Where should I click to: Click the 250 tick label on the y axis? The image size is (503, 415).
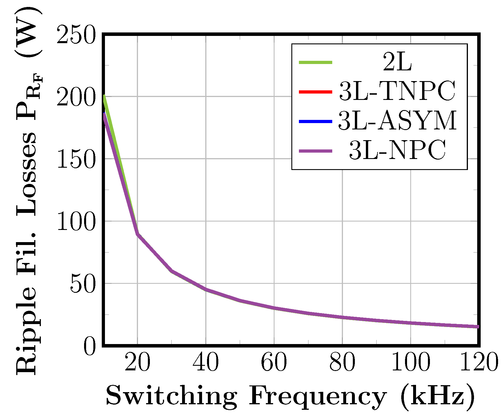point(76,35)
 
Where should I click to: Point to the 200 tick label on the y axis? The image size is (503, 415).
point(76,98)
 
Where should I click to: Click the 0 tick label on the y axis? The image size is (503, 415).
point(90,347)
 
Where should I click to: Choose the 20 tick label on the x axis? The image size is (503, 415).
point(137,363)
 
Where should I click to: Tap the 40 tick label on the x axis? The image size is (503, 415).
point(206,363)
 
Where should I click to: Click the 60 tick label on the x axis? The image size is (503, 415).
point(274,363)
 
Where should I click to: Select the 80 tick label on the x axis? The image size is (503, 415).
point(342,363)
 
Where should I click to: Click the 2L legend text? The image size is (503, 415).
point(397,62)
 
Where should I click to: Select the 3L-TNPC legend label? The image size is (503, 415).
point(397,92)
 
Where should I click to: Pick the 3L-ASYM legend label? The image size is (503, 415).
point(397,121)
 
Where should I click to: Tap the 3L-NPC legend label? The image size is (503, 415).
point(397,150)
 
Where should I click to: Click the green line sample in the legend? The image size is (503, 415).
point(315,62)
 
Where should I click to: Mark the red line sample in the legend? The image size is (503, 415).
point(315,92)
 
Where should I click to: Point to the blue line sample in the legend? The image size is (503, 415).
point(315,121)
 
